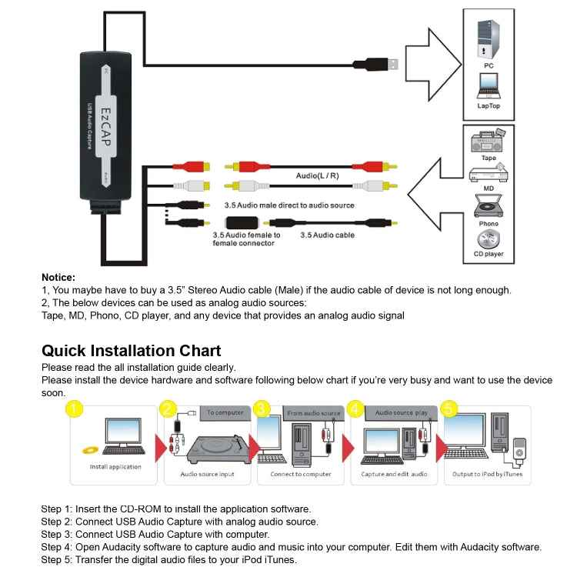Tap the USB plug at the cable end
(x=382, y=65)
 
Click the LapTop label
(x=488, y=105)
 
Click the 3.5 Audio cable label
(x=327, y=235)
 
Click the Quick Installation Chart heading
(x=131, y=351)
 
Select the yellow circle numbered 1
(x=74, y=409)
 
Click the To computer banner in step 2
(x=225, y=412)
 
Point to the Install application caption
(x=115, y=467)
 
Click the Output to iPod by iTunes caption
(x=487, y=475)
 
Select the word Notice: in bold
(x=58, y=277)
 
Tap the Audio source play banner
(x=401, y=412)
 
